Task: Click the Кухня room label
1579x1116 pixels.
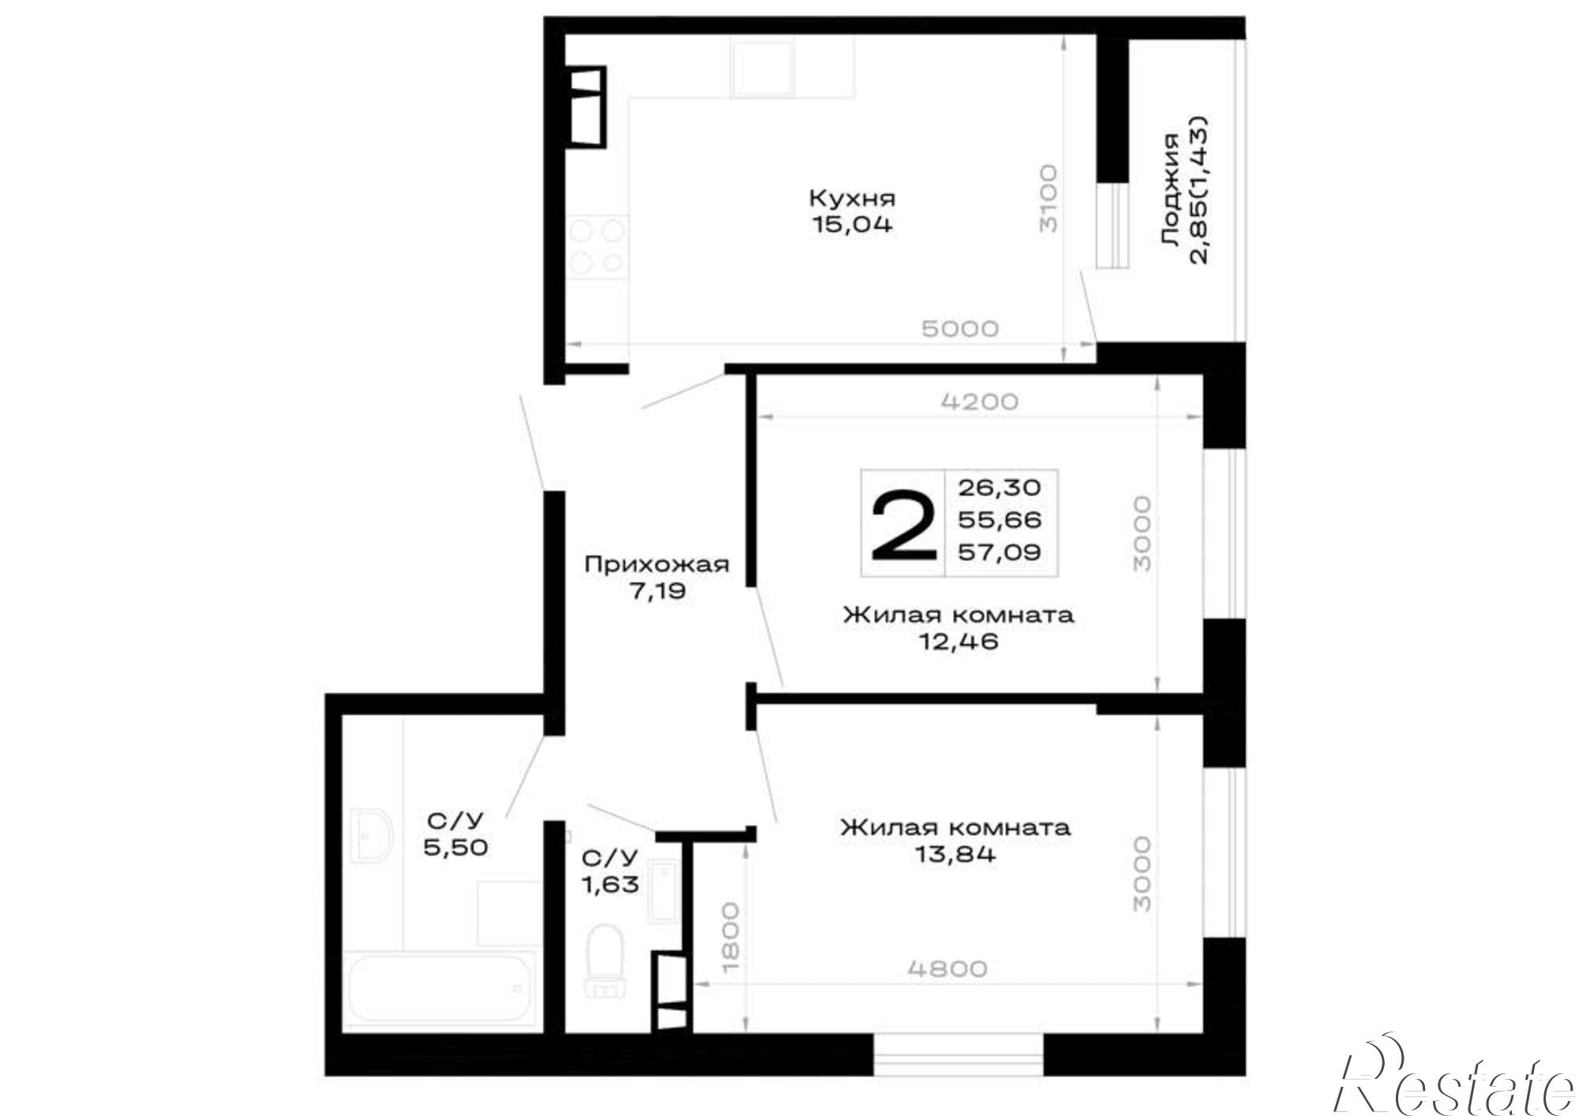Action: tap(853, 198)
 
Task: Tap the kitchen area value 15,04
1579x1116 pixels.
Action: tap(853, 225)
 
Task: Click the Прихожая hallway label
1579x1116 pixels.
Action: tap(657, 565)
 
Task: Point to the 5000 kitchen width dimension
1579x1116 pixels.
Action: tap(960, 328)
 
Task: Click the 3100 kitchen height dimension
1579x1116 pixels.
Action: tap(1048, 197)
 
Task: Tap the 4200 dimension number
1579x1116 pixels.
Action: tap(980, 402)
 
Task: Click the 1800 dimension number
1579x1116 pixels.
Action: tap(730, 937)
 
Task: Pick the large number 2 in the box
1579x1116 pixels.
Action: tap(903, 523)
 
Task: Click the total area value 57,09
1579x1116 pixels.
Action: tap(1000, 552)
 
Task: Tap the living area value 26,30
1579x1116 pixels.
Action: tap(1000, 488)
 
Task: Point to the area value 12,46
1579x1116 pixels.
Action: tap(958, 642)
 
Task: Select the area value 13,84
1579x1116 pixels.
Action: tap(956, 854)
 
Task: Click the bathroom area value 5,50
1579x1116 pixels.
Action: tap(456, 848)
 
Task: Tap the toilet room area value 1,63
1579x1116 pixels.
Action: tap(610, 885)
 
